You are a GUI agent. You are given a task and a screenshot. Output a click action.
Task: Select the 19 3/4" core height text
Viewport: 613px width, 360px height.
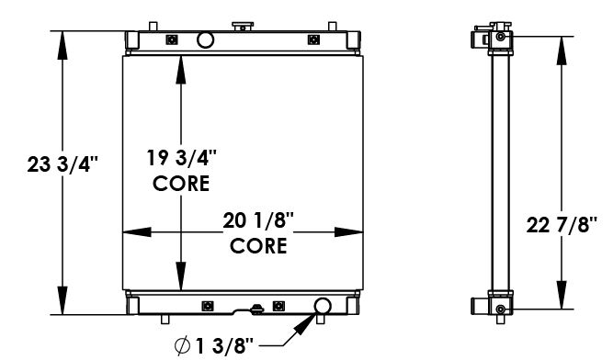tap(181, 156)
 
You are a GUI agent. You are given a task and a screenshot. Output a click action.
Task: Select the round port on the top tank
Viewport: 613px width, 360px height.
tap(205, 39)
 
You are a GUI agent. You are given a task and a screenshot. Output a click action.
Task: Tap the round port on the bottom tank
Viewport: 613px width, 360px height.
tap(324, 306)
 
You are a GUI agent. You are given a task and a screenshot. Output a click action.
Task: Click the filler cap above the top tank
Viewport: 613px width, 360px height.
tap(243, 24)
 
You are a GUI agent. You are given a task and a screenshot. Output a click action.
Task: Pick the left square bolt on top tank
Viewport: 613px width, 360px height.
tap(171, 39)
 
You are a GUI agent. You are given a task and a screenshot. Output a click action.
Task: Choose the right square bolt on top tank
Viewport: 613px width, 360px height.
tap(314, 39)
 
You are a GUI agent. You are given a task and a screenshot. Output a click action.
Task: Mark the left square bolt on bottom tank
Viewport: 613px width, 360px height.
tap(207, 305)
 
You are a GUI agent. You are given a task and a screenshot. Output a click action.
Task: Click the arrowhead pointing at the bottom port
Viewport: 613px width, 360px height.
tap(309, 321)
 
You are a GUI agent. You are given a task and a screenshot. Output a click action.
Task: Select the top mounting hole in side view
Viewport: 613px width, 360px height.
tap(499, 37)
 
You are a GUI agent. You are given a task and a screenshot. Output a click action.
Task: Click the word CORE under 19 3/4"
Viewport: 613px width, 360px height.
tap(181, 183)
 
